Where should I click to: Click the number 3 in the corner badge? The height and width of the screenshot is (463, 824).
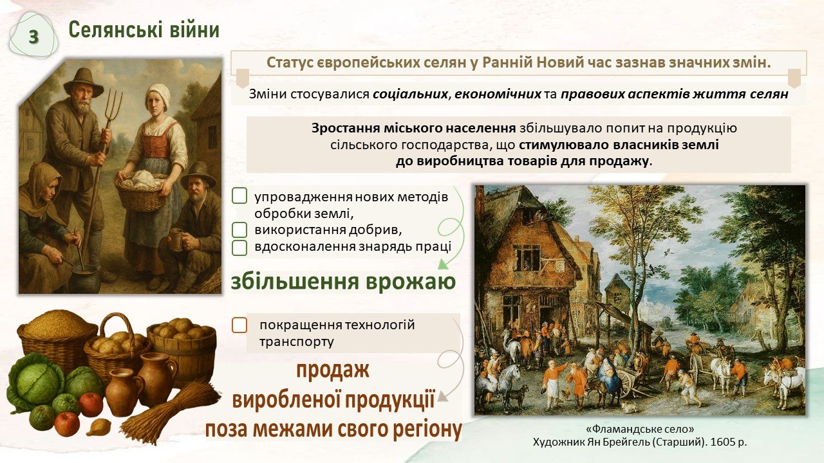[x=33, y=37]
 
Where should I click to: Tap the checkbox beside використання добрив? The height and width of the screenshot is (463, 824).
[x=239, y=230]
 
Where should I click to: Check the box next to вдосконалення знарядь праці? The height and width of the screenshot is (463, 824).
[x=239, y=248]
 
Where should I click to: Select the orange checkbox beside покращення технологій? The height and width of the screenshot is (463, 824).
[x=239, y=325]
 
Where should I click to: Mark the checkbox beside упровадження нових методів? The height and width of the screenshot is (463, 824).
[x=239, y=196]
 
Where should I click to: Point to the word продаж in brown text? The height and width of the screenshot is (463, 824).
[x=333, y=370]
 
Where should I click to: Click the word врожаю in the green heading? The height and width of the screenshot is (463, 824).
[x=411, y=282]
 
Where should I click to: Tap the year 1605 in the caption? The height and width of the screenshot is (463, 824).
[x=724, y=442]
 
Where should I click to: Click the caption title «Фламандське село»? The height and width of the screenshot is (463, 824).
[x=640, y=429]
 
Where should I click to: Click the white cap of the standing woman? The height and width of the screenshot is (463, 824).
[x=158, y=95]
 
